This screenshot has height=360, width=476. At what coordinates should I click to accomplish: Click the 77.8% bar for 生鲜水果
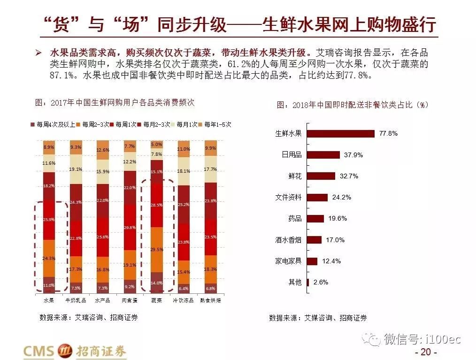click(x=341, y=133)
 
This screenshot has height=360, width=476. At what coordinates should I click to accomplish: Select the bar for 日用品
click(x=324, y=154)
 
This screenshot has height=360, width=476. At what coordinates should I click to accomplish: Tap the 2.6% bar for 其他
click(x=308, y=283)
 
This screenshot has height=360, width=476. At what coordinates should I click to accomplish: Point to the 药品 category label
click(x=295, y=219)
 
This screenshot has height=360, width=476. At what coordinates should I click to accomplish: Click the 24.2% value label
click(x=341, y=197)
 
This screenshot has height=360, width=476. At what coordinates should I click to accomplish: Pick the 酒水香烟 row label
click(x=288, y=240)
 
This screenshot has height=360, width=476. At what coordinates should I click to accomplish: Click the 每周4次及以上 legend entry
click(x=52, y=125)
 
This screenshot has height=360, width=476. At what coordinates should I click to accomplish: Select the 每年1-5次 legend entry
click(x=215, y=125)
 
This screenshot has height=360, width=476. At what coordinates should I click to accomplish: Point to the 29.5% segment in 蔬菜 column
click(x=157, y=250)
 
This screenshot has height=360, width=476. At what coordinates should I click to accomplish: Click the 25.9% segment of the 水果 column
click(x=49, y=219)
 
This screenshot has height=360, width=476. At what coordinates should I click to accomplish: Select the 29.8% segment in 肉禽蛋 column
click(x=130, y=228)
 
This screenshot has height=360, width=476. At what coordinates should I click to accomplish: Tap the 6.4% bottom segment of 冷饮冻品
click(x=184, y=288)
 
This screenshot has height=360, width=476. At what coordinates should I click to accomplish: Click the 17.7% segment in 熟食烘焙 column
click(x=211, y=169)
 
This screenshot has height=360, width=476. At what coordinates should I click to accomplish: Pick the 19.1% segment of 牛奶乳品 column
click(x=76, y=169)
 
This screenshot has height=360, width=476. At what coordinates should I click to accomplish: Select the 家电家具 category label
click(x=288, y=261)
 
